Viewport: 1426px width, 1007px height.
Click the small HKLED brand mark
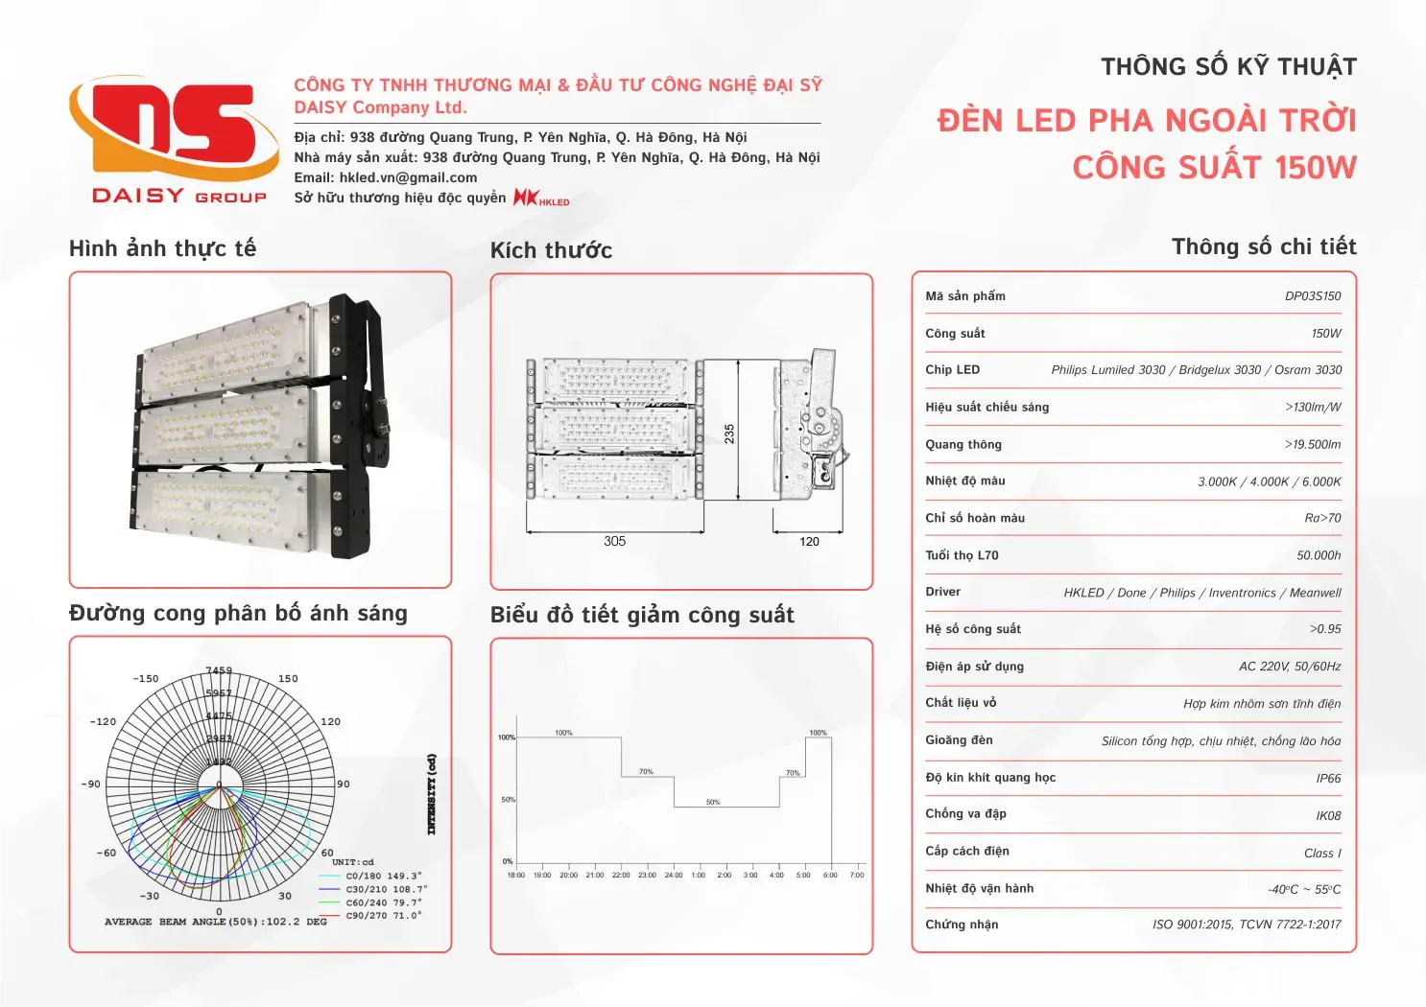[x=541, y=198]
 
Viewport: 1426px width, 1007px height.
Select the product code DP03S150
[x=1313, y=296]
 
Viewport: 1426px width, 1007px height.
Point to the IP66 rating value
[x=1328, y=779]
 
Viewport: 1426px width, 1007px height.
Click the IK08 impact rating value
[x=1328, y=816]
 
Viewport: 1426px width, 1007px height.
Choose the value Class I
[x=1322, y=854]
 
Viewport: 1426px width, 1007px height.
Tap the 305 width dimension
[x=615, y=542]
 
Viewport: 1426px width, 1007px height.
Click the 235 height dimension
[x=729, y=433]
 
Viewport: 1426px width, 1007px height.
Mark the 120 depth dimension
[x=809, y=542]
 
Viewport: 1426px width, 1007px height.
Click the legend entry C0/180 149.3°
[x=383, y=876]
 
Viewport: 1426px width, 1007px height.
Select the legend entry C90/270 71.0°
[x=383, y=916]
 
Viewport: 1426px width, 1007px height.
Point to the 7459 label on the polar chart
[x=219, y=670]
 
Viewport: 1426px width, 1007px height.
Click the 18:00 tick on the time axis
[x=516, y=875]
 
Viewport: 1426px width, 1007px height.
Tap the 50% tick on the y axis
[x=508, y=799]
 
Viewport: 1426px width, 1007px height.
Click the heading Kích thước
[x=551, y=250]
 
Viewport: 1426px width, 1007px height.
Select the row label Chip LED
[x=953, y=370]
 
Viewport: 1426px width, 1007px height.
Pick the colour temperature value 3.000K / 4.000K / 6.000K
[x=1269, y=482]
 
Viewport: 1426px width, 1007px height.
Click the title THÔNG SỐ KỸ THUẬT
[x=1228, y=67]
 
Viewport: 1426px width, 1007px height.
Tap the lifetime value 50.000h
[x=1319, y=556]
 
